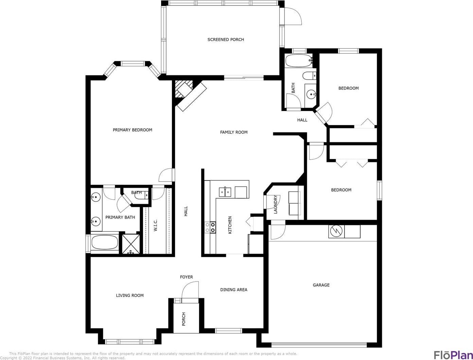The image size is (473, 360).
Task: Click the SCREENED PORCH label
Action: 226,40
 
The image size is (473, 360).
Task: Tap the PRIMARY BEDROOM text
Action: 133,130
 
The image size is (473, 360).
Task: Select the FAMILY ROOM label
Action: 234,132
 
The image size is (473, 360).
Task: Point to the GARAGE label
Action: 321,285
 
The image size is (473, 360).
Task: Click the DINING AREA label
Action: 234,290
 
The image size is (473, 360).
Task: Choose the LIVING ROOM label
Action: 130,295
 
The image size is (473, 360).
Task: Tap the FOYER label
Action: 187,277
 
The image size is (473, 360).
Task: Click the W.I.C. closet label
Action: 156,225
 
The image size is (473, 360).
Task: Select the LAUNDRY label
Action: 275,204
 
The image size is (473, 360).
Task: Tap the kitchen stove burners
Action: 210,227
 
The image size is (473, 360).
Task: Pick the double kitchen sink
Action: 225,192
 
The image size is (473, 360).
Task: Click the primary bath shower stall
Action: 131,244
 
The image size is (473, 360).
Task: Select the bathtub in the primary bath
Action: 105,242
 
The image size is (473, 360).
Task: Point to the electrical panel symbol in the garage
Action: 336,232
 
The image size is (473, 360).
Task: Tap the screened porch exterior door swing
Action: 293,16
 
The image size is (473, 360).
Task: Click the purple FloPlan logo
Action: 453,355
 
